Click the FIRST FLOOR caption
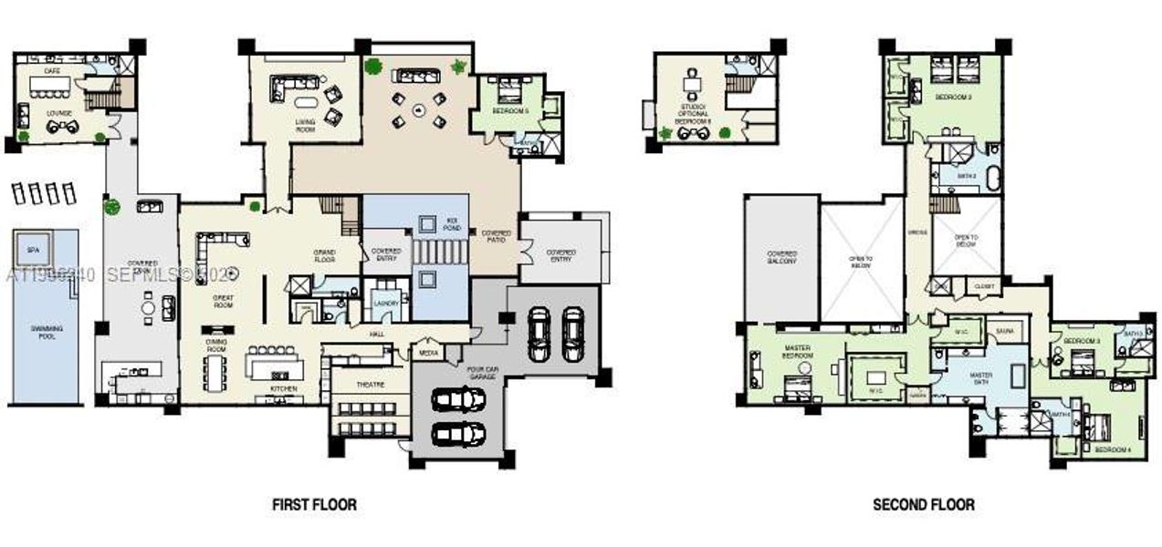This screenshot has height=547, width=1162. [314, 504]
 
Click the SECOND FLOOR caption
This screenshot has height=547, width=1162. [923, 504]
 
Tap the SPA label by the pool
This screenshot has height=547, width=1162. [34, 249]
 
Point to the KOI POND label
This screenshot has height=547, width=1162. [451, 222]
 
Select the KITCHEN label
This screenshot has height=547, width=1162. [283, 388]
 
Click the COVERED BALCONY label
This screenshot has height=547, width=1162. [782, 257]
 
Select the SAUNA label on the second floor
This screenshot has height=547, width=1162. [1006, 331]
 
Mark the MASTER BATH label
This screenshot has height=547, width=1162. [981, 377]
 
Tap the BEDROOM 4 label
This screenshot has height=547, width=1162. [1113, 449]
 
